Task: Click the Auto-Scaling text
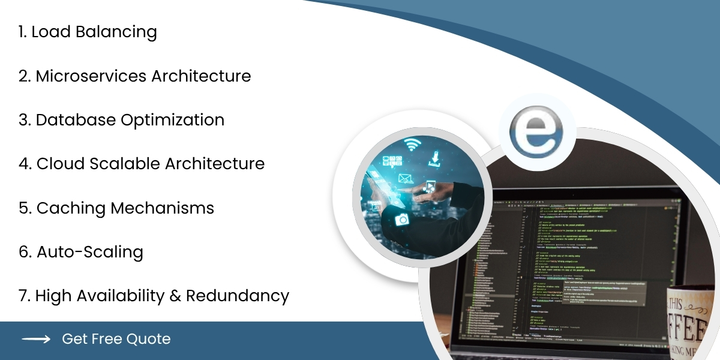click(90, 252)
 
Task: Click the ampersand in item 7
click(173, 296)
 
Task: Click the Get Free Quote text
click(116, 339)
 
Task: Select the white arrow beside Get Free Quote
click(36, 339)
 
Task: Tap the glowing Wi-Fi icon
click(412, 145)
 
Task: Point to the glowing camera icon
click(401, 220)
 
